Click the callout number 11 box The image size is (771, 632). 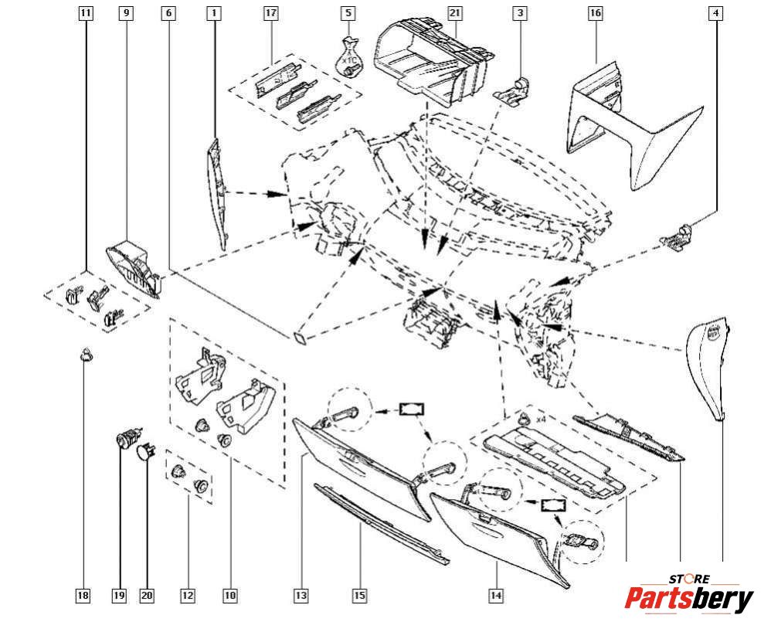pos(86,13)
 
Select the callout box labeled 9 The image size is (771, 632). pos(127,13)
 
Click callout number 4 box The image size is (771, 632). pos(718,13)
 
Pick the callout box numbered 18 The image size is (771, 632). pos(83,596)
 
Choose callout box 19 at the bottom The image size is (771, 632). pos(118,596)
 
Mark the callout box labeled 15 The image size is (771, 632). pos(359,596)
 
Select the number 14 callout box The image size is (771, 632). pos(496,596)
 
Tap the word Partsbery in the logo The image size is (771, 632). pos(688,599)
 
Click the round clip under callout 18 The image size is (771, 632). pos(86,355)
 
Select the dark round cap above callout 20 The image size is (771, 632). pos(144,451)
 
